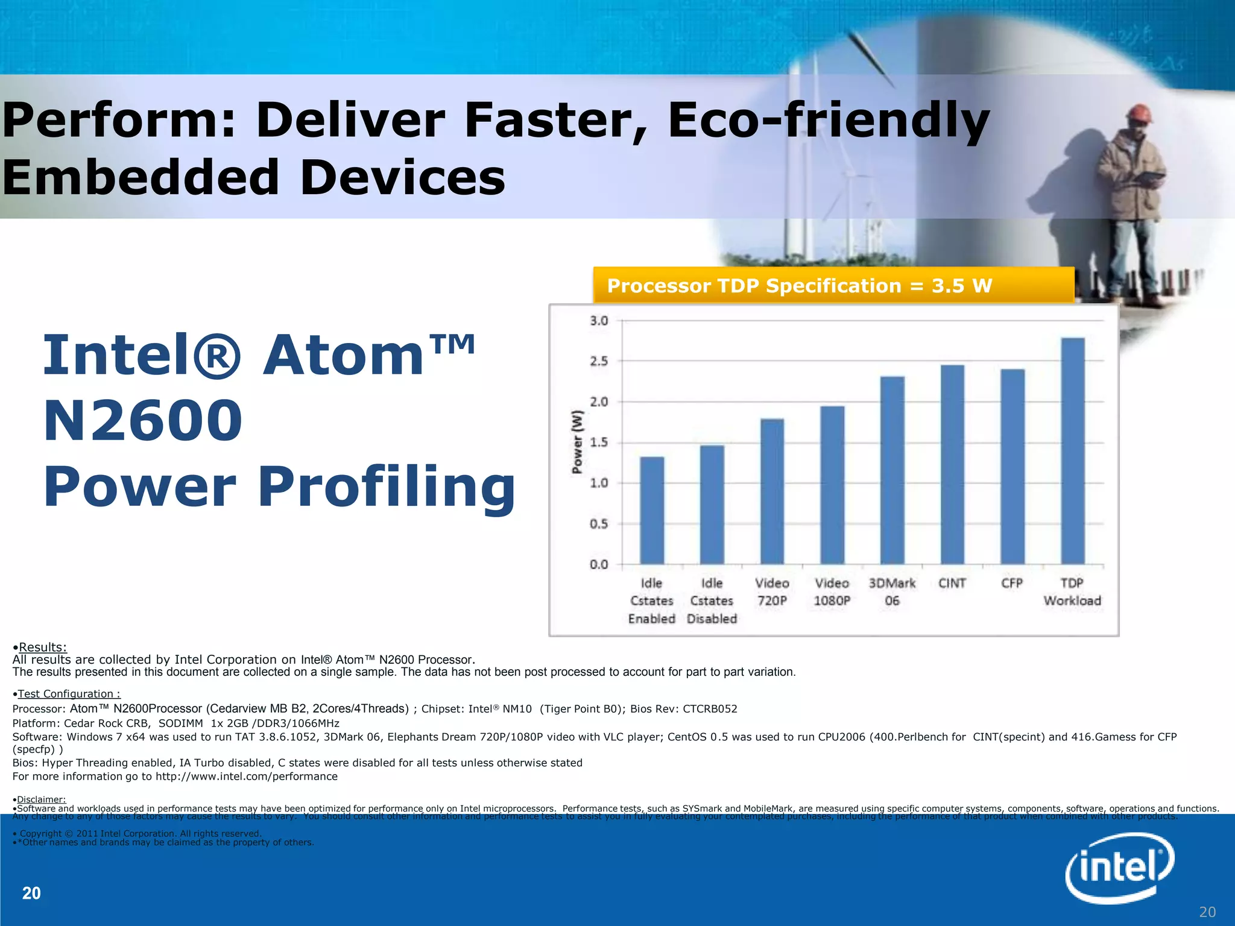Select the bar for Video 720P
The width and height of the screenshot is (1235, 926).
coord(772,491)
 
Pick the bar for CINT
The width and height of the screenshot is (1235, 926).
coord(952,464)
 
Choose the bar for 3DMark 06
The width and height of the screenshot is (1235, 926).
coord(892,470)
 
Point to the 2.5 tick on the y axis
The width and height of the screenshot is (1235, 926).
coord(599,361)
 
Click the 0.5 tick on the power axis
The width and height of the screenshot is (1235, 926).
coord(599,524)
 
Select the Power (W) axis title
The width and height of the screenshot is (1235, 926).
coord(578,442)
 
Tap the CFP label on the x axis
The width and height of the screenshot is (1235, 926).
coord(1012,583)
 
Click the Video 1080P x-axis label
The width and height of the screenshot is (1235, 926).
coord(832,591)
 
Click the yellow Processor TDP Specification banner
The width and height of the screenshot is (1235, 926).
coord(833,285)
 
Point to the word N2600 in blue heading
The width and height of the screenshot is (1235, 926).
coord(143,420)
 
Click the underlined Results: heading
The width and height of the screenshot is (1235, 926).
coord(42,647)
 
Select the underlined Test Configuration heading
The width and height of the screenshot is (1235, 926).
coord(69,694)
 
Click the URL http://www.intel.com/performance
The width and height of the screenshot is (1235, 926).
coord(246,776)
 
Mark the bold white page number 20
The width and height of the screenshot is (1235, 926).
coord(31,893)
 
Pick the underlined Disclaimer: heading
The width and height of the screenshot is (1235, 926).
coord(41,799)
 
